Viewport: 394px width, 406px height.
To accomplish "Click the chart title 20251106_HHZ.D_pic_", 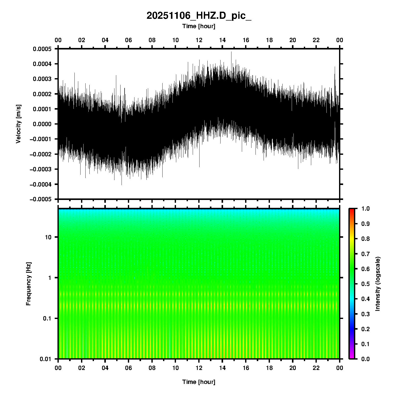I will click(199, 16).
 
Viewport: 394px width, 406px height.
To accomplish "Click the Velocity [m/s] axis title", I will click(18, 124).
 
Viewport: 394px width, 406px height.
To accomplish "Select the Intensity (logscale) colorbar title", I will click(378, 284).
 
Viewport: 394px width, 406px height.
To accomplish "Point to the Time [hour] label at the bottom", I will click(199, 382).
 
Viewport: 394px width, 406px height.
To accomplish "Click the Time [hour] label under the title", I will click(199, 26).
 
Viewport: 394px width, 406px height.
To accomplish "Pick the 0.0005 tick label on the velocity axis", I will click(42, 49).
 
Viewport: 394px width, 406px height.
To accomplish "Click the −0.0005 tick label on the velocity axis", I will click(41, 199).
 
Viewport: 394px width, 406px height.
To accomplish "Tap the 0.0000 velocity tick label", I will click(42, 124).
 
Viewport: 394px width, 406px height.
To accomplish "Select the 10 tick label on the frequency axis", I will click(48, 237).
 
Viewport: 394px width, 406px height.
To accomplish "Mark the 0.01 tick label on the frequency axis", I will click(46, 359).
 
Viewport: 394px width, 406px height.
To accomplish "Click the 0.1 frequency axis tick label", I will click(47, 318).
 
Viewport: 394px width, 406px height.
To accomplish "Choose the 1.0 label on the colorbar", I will click(366, 209).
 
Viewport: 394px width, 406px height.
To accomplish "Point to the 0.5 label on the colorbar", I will click(366, 284).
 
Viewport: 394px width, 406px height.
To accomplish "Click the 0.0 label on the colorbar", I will click(366, 359).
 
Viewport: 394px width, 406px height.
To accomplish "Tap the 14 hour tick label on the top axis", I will click(222, 40).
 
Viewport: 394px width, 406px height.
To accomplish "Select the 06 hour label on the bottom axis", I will click(128, 368).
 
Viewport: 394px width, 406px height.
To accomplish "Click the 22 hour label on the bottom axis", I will click(316, 368).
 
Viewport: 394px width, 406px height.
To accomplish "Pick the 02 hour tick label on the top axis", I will click(82, 40).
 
